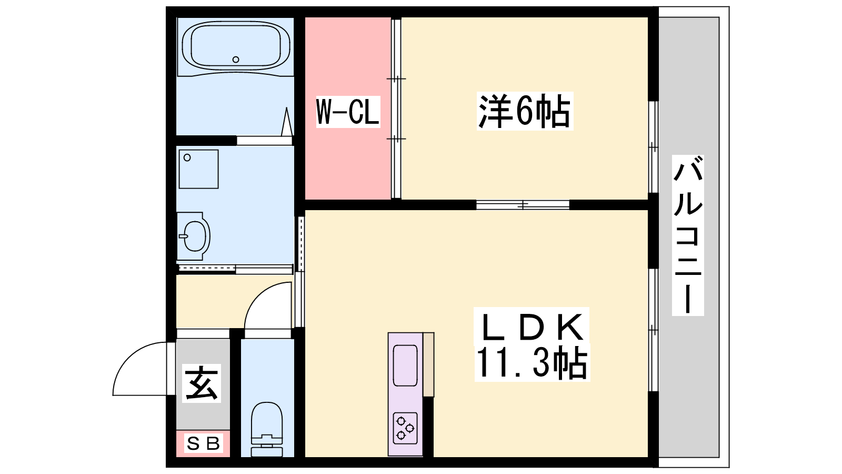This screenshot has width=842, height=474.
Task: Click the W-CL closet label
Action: tap(348, 112)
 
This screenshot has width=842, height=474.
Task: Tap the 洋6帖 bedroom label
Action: tap(525, 111)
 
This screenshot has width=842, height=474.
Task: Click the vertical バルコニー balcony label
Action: tap(688, 235)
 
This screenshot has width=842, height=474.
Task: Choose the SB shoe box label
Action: tap(203, 444)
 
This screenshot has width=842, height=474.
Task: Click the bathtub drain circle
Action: tap(236, 60)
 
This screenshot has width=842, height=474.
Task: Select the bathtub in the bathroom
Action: tap(236, 48)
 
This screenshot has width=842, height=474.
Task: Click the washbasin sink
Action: tap(194, 236)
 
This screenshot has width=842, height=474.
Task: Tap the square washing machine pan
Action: tap(198, 169)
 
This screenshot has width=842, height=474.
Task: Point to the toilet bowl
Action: tap(266, 418)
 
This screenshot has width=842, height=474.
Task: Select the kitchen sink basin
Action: tap(405, 366)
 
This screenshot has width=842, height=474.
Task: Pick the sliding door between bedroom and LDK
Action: tap(523, 205)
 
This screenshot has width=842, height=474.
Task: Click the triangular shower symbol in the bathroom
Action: tap(287, 122)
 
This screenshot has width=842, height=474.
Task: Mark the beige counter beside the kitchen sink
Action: tap(429, 364)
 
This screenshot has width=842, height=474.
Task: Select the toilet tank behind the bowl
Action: tap(266, 448)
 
